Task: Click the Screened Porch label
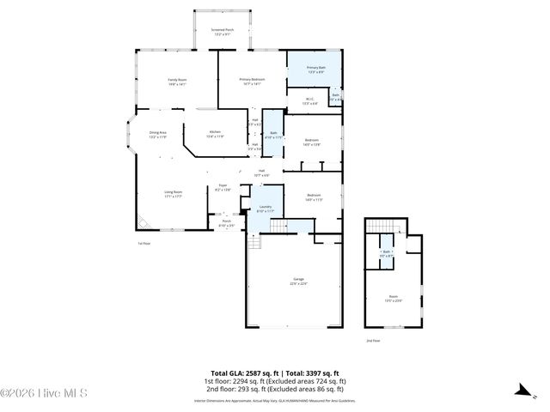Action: click(222, 31)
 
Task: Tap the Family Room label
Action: click(177, 82)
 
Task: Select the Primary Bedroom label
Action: click(252, 82)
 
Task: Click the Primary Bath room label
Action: click(315, 70)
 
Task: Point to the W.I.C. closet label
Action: click(310, 100)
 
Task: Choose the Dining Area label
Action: click(157, 134)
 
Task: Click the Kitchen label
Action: click(215, 134)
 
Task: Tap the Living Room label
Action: click(173, 194)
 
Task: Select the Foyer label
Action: click(222, 186)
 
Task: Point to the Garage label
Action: click(299, 281)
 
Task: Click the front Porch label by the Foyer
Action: click(227, 223)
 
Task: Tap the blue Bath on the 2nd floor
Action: click(387, 254)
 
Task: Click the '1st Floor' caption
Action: click(144, 244)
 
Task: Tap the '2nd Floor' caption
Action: click(373, 341)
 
